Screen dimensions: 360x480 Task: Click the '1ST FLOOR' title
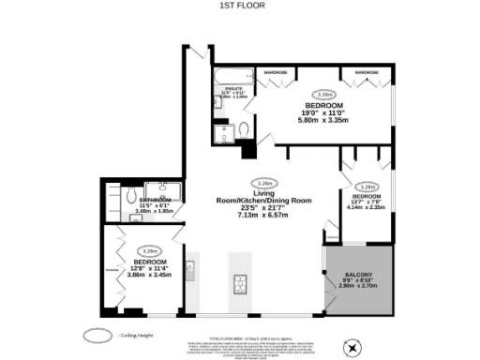239,6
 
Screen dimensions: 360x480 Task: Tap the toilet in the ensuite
244,127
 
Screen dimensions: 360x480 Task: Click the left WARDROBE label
275,71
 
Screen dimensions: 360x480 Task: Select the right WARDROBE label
366,71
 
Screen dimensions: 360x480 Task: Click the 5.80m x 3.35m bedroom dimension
322,120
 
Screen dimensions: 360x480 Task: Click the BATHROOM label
155,200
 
